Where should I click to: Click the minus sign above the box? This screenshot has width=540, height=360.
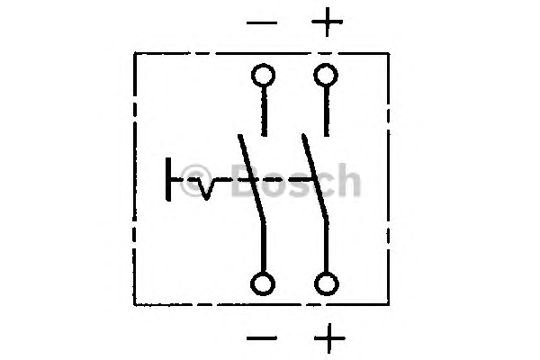tap(262, 23)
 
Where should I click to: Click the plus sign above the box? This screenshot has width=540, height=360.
tap(327, 22)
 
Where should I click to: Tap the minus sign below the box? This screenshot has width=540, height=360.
tap(262, 338)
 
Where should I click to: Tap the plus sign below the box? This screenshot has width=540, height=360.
tap(329, 338)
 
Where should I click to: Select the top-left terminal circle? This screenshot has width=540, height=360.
tap(264, 75)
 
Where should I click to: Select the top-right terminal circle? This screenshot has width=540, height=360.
tap(326, 75)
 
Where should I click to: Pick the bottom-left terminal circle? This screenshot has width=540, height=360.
tap(263, 283)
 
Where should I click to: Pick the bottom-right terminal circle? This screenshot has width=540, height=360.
tap(327, 283)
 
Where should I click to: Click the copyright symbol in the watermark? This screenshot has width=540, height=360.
tap(196, 180)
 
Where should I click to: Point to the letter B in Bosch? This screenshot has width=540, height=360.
tap(247, 180)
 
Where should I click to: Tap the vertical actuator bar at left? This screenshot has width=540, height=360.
tap(168, 179)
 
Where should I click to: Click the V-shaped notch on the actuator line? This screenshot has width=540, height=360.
tap(206, 189)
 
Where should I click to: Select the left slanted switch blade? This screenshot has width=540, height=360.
tap(252, 177)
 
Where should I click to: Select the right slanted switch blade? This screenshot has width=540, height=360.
tap(315, 176)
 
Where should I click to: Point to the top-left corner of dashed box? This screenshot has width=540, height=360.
tap(134, 53)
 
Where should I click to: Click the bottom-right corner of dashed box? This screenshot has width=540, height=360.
tap(389, 304)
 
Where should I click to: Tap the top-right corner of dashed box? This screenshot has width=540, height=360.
tap(389, 53)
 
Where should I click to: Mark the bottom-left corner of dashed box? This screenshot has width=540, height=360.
tap(134, 304)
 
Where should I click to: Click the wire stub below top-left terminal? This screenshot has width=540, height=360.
tap(264, 112)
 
